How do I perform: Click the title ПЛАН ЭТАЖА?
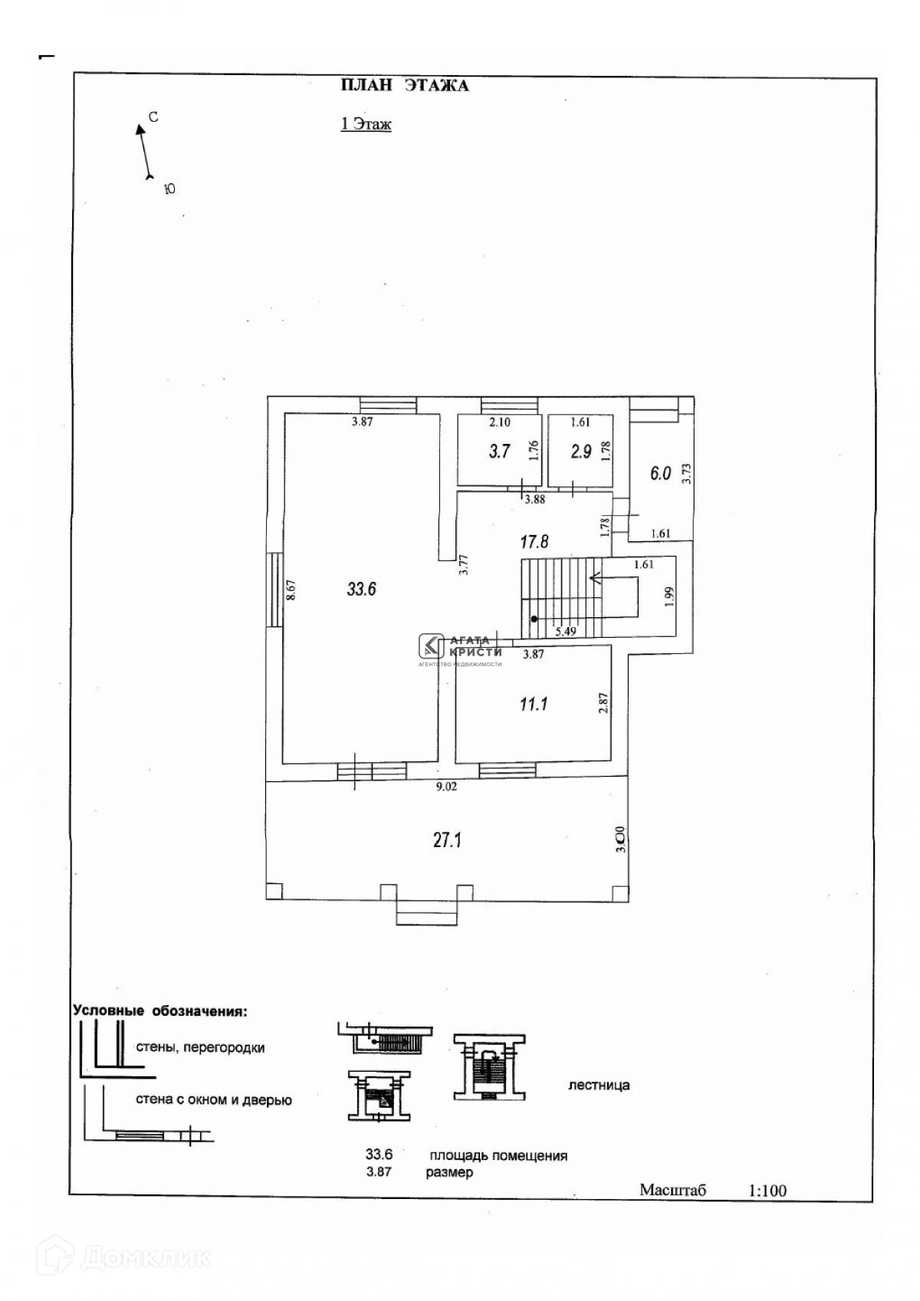tap(404, 85)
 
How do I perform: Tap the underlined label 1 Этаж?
tap(366, 124)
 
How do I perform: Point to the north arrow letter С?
tap(153, 117)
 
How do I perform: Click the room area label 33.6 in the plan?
tap(361, 590)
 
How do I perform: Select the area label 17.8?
tap(534, 541)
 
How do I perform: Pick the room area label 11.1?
tap(534, 703)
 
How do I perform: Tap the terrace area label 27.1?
tap(447, 840)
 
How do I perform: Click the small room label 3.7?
tap(499, 452)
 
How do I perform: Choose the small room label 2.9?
tap(581, 452)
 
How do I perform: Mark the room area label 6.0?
tap(660, 473)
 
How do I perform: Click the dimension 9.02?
tap(446, 786)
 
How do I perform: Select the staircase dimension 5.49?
tap(565, 631)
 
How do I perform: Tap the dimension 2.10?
tap(500, 421)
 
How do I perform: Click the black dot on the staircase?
tap(534, 618)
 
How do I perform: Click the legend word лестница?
tap(599, 1085)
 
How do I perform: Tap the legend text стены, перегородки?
tap(200, 1047)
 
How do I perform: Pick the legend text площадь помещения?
tap(498, 1155)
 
